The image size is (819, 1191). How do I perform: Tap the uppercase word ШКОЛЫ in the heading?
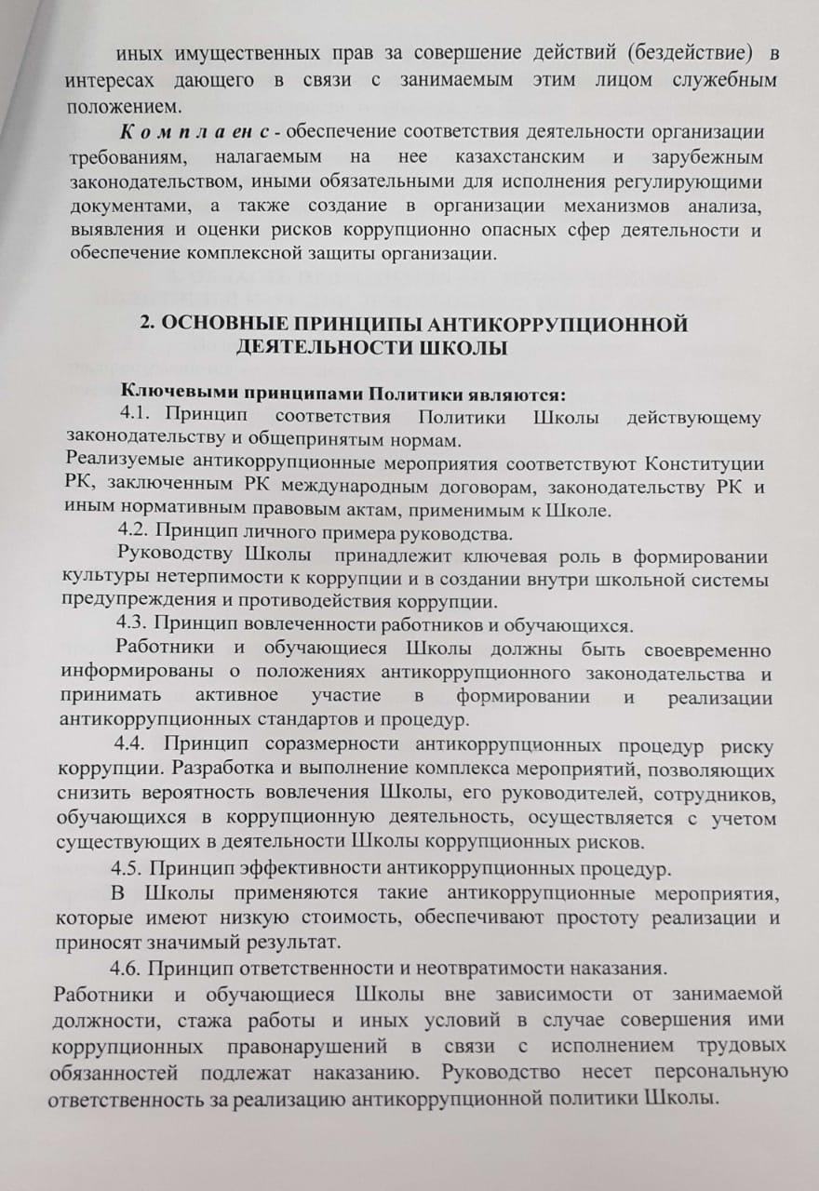click(456, 348)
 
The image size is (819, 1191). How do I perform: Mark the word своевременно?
click(702, 648)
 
